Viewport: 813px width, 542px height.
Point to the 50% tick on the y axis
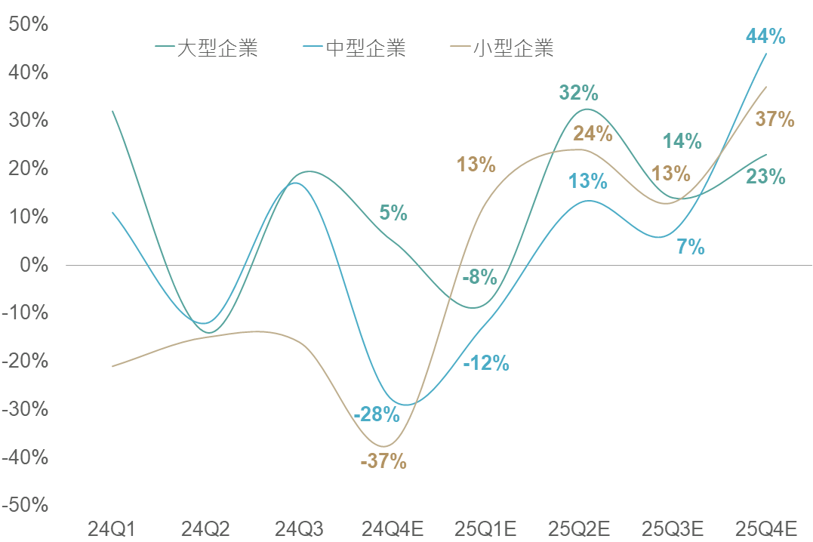tap(28, 24)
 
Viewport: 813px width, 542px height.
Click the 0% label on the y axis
tap(33, 265)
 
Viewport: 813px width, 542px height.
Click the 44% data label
tap(765, 36)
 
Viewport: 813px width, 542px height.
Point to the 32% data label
tap(579, 94)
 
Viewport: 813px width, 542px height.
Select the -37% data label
tap(383, 461)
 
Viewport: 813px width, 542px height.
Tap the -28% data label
tap(376, 414)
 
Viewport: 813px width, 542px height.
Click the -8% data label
tap(479, 277)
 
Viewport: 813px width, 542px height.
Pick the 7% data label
tap(691, 246)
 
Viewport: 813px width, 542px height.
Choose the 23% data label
tap(766, 177)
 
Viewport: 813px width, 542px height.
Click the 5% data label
tap(393, 213)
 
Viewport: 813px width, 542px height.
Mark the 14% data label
tap(682, 141)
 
